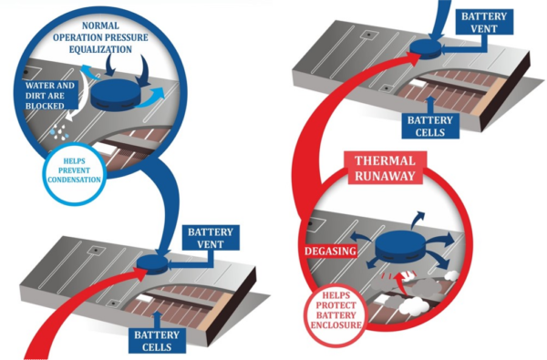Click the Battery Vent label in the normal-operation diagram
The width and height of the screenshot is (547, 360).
[211, 240]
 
